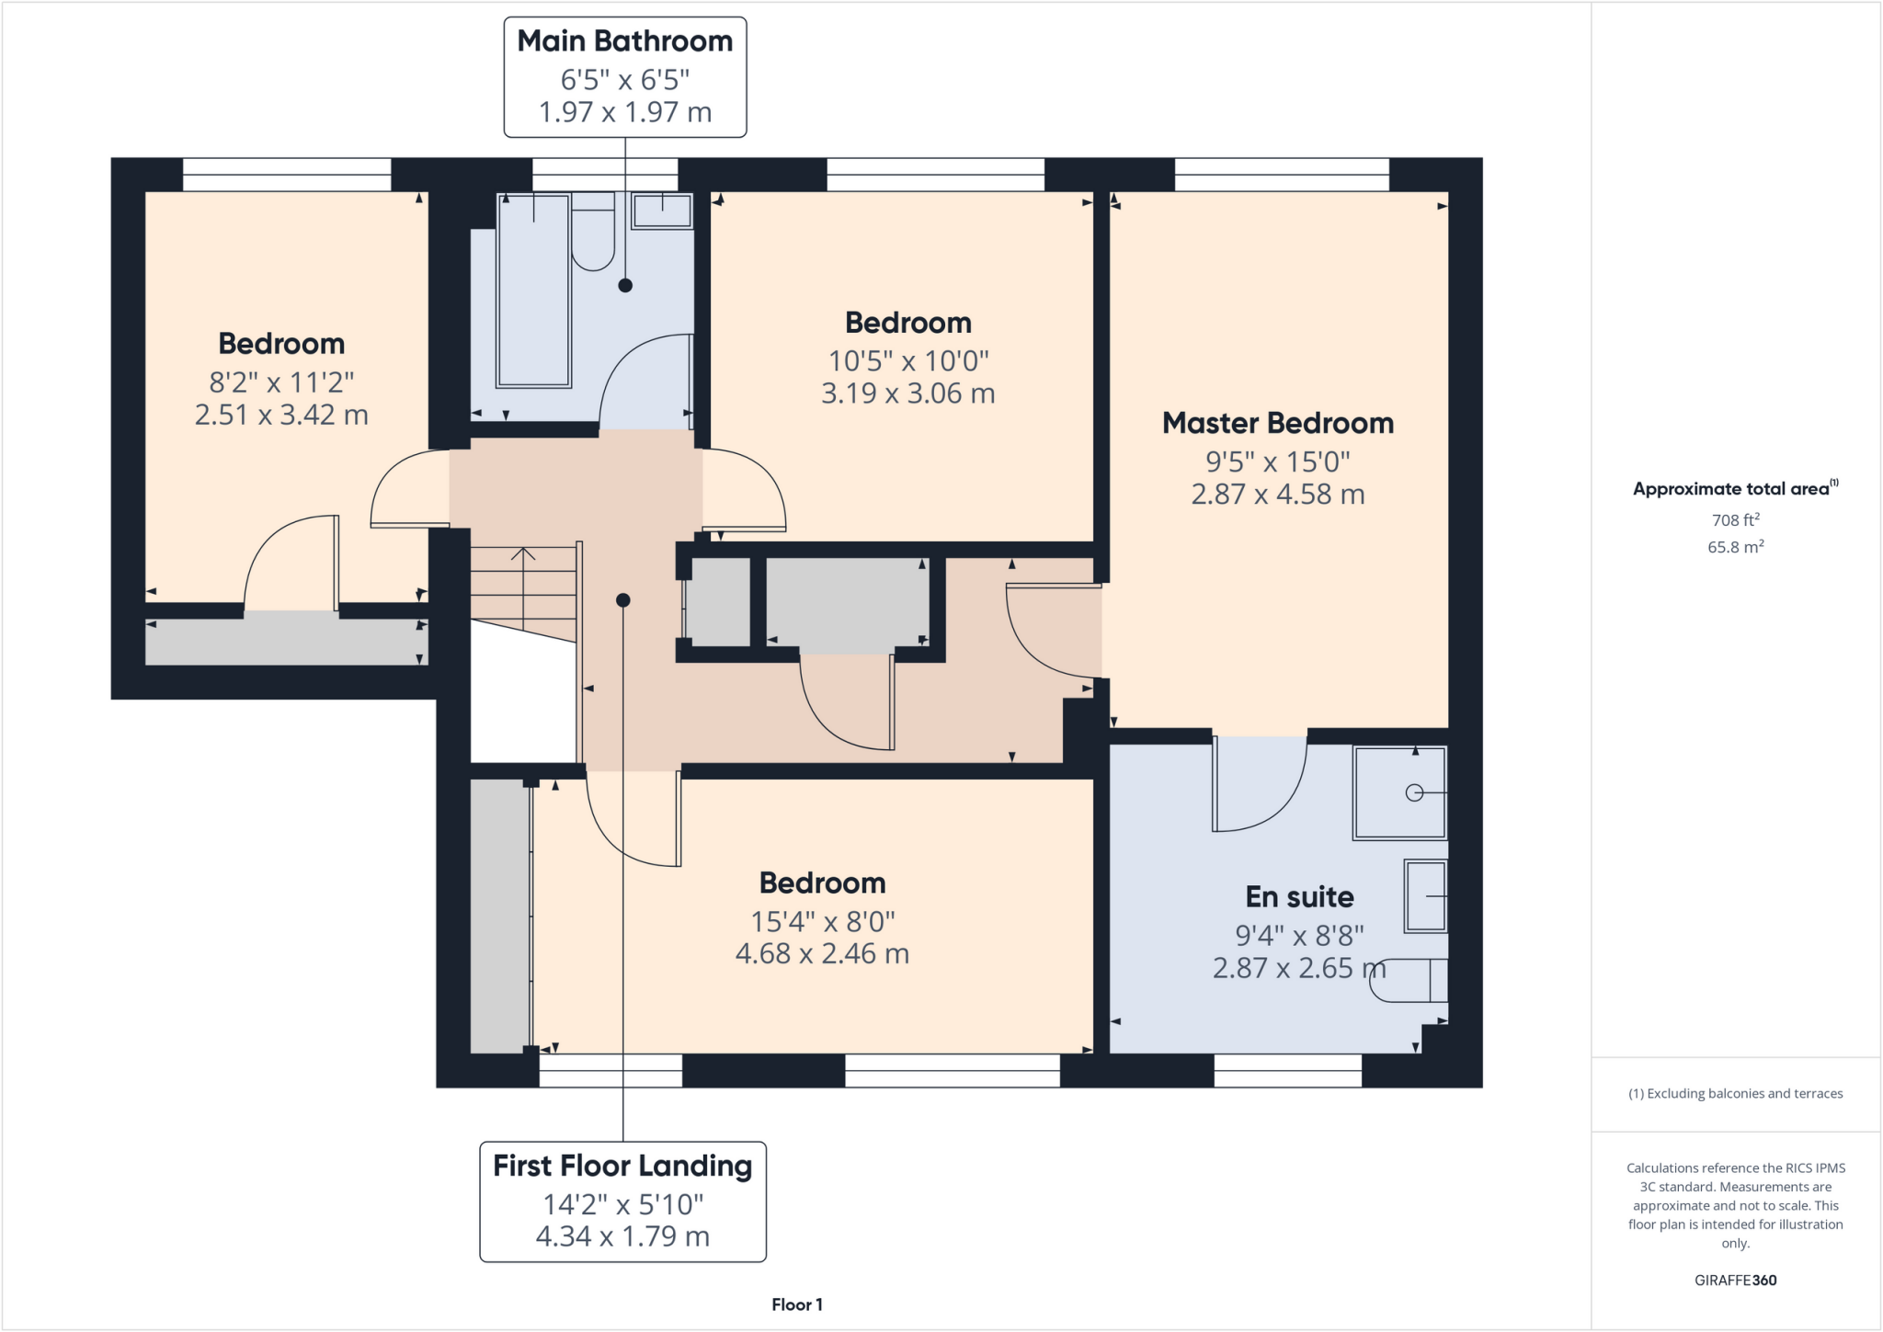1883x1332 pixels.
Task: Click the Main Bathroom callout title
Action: click(x=624, y=41)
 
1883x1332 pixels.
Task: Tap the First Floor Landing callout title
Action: click(x=622, y=1166)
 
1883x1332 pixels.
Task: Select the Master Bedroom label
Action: click(x=1277, y=423)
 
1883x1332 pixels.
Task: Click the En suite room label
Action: click(x=1299, y=896)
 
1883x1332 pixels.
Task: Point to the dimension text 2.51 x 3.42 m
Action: click(x=281, y=415)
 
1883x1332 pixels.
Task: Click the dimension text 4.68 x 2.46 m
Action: click(x=822, y=953)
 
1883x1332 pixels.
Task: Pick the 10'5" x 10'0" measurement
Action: click(x=907, y=360)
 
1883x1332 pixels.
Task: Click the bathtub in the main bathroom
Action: click(x=533, y=290)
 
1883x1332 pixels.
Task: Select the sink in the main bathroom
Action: click(x=662, y=211)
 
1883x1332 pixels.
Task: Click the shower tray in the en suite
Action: click(x=1398, y=792)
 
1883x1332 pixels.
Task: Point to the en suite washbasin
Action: click(x=1425, y=895)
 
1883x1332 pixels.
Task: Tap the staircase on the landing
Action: click(x=523, y=588)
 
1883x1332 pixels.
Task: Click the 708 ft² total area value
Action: click(x=1735, y=519)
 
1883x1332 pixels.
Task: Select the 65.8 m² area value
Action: click(x=1735, y=547)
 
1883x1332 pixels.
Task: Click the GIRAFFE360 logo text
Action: click(x=1735, y=1280)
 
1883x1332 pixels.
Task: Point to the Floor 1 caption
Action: click(x=797, y=1304)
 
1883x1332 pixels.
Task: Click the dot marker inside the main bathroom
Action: click(x=625, y=285)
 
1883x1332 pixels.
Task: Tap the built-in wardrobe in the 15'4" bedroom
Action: click(x=499, y=915)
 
